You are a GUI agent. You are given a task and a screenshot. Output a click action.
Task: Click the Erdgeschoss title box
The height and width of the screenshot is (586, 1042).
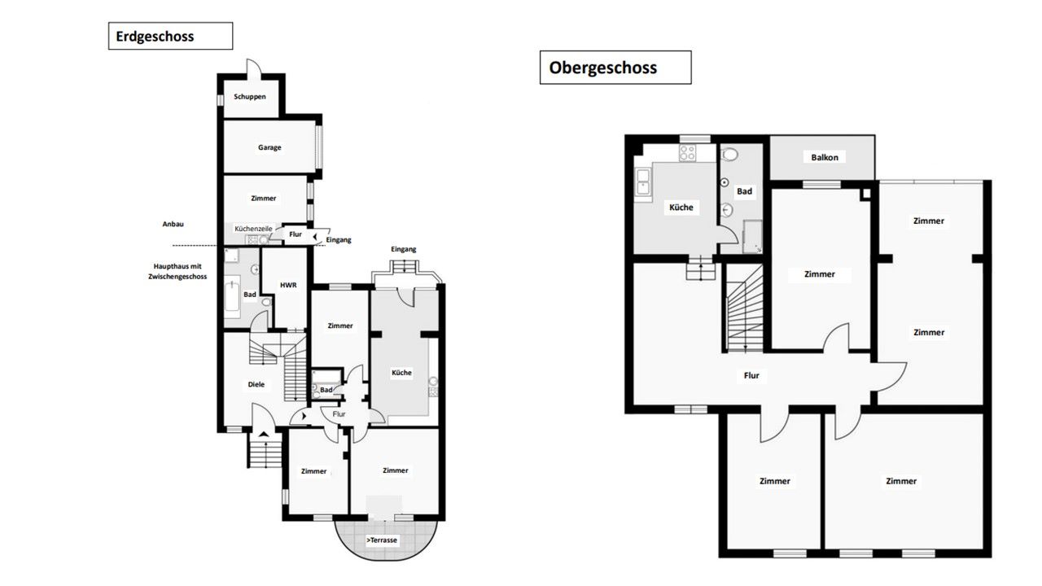(170, 36)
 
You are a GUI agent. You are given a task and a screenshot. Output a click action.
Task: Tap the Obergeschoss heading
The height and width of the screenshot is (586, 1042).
(603, 68)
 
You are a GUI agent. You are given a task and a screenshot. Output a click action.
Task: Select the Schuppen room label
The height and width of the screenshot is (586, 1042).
(250, 97)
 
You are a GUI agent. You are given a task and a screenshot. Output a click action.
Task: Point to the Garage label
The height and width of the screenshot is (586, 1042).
(269, 147)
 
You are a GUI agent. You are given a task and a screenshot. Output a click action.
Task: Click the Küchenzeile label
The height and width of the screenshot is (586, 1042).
(253, 229)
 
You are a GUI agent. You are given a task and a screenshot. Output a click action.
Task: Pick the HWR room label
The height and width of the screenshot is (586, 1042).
(288, 285)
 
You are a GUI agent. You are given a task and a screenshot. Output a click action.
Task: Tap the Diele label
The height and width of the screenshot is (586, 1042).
(256, 384)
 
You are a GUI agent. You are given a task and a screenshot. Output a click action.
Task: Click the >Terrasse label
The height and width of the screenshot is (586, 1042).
(382, 540)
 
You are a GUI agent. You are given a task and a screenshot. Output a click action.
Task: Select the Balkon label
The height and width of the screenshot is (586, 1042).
(825, 157)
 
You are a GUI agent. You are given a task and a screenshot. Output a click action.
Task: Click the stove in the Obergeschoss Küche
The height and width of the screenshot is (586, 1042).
(688, 153)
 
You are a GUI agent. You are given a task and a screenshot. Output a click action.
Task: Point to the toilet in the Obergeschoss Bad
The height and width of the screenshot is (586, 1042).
(730, 154)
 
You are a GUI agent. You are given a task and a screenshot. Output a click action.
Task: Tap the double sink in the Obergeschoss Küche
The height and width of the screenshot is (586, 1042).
(643, 181)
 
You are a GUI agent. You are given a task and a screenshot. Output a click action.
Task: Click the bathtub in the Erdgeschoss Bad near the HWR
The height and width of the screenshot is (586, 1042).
(232, 295)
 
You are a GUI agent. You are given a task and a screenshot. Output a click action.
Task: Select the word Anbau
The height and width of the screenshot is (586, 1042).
(173, 224)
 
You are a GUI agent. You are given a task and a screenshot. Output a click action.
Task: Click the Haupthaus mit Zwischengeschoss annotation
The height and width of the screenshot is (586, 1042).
(177, 272)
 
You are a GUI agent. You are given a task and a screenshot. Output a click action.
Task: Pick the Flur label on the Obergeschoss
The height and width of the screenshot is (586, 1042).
(751, 375)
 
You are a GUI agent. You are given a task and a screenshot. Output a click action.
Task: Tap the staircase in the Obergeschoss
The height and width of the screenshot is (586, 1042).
(745, 308)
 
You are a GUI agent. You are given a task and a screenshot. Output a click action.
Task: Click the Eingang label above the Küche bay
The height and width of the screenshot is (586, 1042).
(403, 249)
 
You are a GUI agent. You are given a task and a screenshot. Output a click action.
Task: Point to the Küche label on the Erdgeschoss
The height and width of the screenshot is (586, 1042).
(401, 373)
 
